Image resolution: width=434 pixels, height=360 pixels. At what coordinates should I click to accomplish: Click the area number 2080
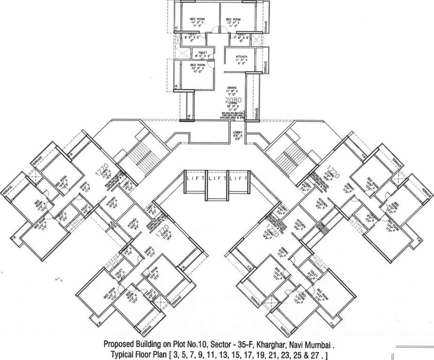(x=233, y=101)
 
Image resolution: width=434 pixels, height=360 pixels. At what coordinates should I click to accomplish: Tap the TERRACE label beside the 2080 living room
(x=256, y=112)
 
